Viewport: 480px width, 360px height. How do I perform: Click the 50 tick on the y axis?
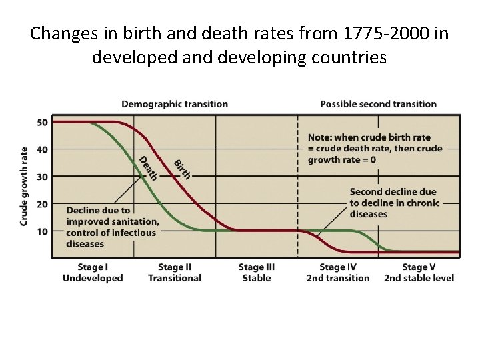[42, 122]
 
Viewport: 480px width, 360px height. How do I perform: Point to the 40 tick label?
[42, 149]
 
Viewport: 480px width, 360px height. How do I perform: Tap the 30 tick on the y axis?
[42, 177]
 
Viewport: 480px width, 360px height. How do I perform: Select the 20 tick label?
[42, 204]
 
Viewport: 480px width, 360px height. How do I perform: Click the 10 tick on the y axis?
[42, 231]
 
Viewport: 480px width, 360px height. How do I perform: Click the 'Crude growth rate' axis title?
[24, 185]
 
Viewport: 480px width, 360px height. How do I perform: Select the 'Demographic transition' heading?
[174, 104]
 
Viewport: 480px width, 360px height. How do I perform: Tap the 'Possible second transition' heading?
[378, 104]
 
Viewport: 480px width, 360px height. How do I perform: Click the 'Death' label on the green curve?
[147, 168]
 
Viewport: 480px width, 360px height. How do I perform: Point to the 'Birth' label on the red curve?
[182, 169]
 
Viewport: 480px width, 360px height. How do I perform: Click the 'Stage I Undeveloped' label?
[93, 272]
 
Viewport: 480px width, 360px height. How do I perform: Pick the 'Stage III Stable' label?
[256, 272]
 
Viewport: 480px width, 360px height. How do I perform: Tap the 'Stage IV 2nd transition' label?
[337, 272]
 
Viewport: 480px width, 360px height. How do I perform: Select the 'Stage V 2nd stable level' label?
[419, 272]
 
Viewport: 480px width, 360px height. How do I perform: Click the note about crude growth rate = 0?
[375, 149]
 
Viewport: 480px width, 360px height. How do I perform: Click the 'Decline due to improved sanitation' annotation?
[113, 227]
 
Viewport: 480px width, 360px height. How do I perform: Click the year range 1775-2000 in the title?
[368, 33]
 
